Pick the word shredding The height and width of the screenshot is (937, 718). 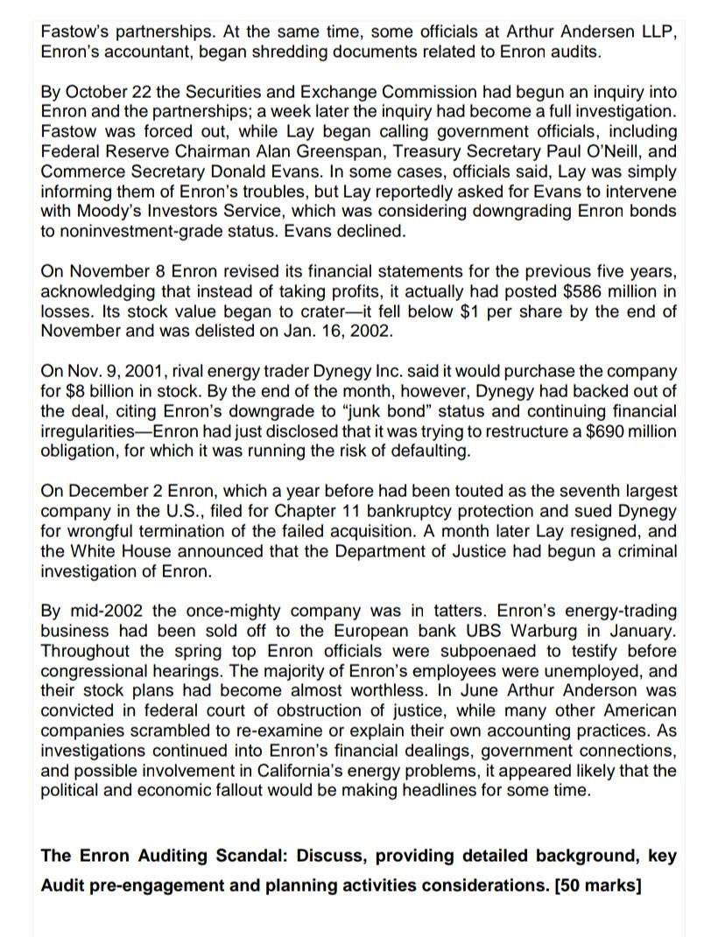(267, 52)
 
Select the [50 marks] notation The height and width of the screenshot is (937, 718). (598, 885)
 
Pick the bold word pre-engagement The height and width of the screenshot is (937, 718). (148, 885)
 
